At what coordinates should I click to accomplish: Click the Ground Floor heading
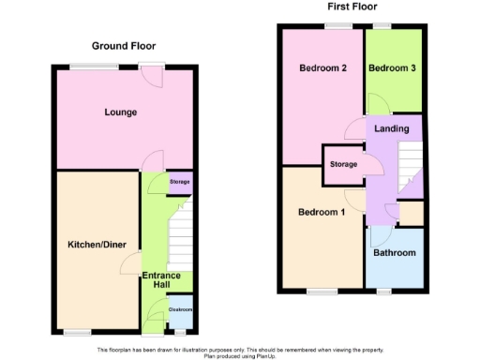tap(124, 45)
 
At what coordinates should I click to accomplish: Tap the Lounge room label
tap(121, 112)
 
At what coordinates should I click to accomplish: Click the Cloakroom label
tap(180, 309)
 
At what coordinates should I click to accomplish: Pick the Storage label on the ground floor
tap(180, 181)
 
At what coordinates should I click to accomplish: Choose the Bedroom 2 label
tap(323, 68)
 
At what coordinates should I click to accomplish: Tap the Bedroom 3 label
tap(389, 68)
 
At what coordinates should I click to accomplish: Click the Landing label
tap(391, 128)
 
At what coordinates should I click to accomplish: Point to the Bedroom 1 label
tap(322, 213)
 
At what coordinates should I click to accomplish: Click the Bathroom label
tap(394, 253)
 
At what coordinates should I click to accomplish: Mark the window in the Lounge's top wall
tap(93, 67)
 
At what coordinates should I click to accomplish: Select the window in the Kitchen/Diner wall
tap(77, 332)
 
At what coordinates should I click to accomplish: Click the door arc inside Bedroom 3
tap(376, 103)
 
